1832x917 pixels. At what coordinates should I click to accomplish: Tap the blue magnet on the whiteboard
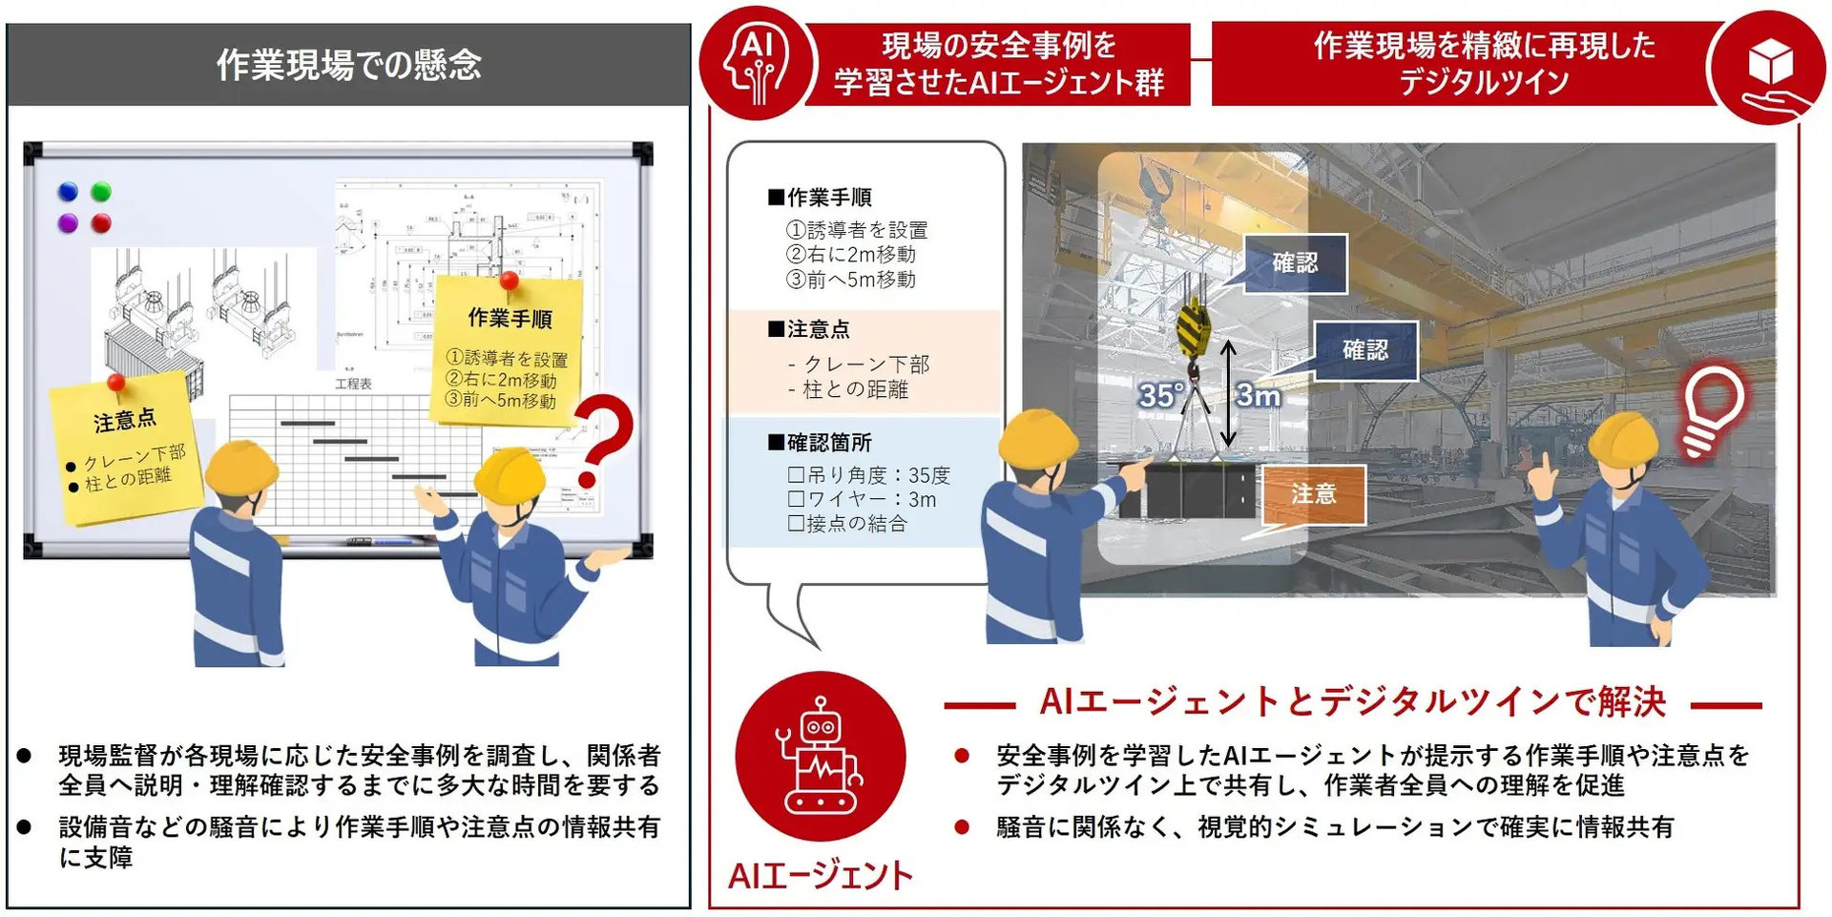(68, 192)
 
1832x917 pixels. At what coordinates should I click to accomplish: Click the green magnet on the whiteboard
(101, 192)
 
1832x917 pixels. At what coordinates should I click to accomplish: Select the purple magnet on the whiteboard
(68, 223)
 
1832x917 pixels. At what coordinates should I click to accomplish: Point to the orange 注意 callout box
(1314, 494)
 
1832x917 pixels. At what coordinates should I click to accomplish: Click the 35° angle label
(1161, 395)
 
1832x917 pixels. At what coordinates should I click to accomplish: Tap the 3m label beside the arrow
(1259, 395)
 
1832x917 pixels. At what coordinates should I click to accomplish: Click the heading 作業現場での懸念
(348, 65)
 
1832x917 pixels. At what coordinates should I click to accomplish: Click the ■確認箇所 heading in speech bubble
(821, 443)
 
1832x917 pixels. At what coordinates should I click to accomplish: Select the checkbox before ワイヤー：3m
(796, 499)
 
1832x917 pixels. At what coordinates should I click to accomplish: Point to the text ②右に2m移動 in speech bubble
(851, 255)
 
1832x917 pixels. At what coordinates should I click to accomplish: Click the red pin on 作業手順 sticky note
(510, 281)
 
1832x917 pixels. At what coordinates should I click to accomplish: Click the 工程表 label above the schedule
(353, 384)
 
